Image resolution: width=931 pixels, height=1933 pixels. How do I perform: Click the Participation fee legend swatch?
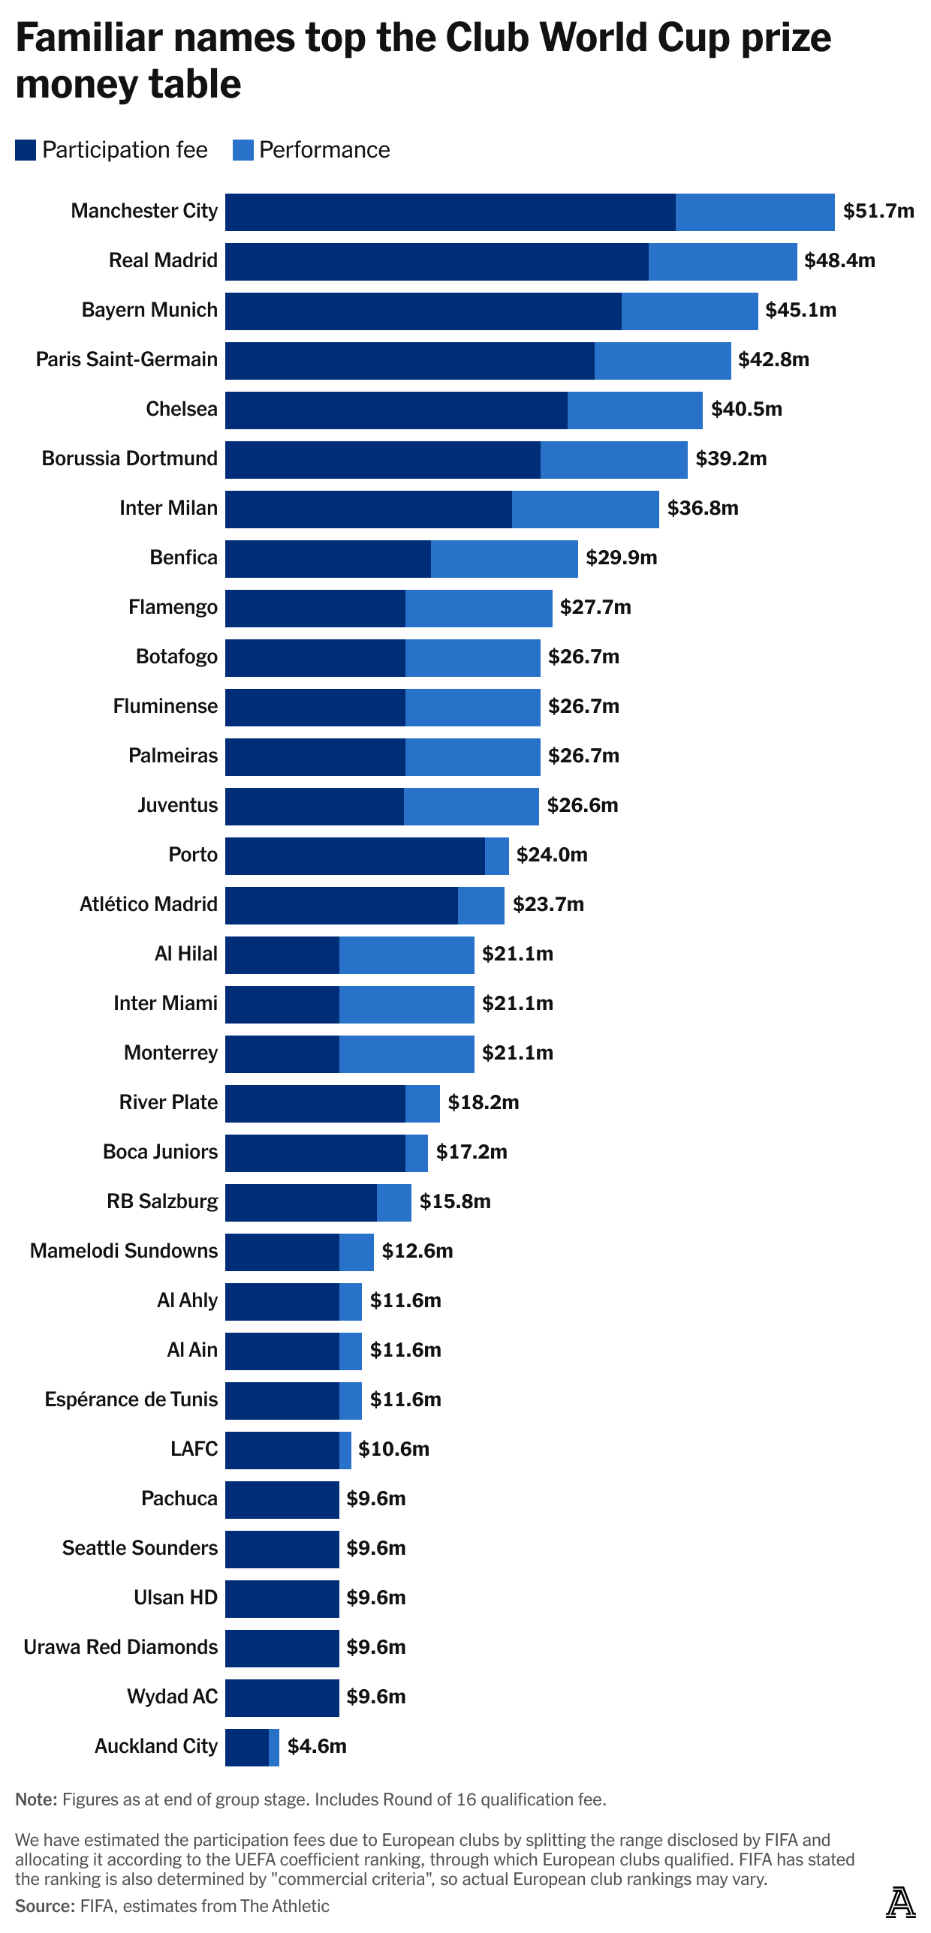click(26, 150)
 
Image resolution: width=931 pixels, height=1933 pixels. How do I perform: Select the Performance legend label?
click(324, 150)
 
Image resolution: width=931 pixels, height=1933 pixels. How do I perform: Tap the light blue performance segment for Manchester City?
click(755, 212)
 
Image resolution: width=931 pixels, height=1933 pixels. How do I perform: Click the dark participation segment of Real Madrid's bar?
click(436, 261)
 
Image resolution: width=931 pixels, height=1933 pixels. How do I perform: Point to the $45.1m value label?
click(800, 310)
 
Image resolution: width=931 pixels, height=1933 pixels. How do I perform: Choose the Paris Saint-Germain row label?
click(127, 359)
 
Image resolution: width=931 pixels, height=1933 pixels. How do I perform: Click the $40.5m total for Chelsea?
click(746, 409)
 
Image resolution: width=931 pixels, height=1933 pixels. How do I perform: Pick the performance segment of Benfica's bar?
click(504, 558)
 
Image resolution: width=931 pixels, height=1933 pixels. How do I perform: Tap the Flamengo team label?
click(173, 607)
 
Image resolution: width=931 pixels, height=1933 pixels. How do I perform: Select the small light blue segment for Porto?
click(496, 855)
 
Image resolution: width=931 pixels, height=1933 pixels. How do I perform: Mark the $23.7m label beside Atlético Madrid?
click(548, 904)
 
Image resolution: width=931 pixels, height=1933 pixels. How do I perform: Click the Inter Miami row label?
click(165, 1003)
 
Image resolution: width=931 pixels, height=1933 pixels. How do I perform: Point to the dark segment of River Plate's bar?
click(315, 1103)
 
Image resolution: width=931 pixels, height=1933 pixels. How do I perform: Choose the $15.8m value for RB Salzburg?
click(455, 1201)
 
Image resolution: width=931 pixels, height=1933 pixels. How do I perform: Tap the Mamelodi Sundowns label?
click(124, 1251)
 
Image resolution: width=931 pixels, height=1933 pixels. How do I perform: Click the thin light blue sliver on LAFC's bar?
click(345, 1450)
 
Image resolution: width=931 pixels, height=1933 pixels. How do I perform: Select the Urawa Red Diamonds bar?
click(282, 1648)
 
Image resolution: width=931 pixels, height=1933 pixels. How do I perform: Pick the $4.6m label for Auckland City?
click(317, 1746)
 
